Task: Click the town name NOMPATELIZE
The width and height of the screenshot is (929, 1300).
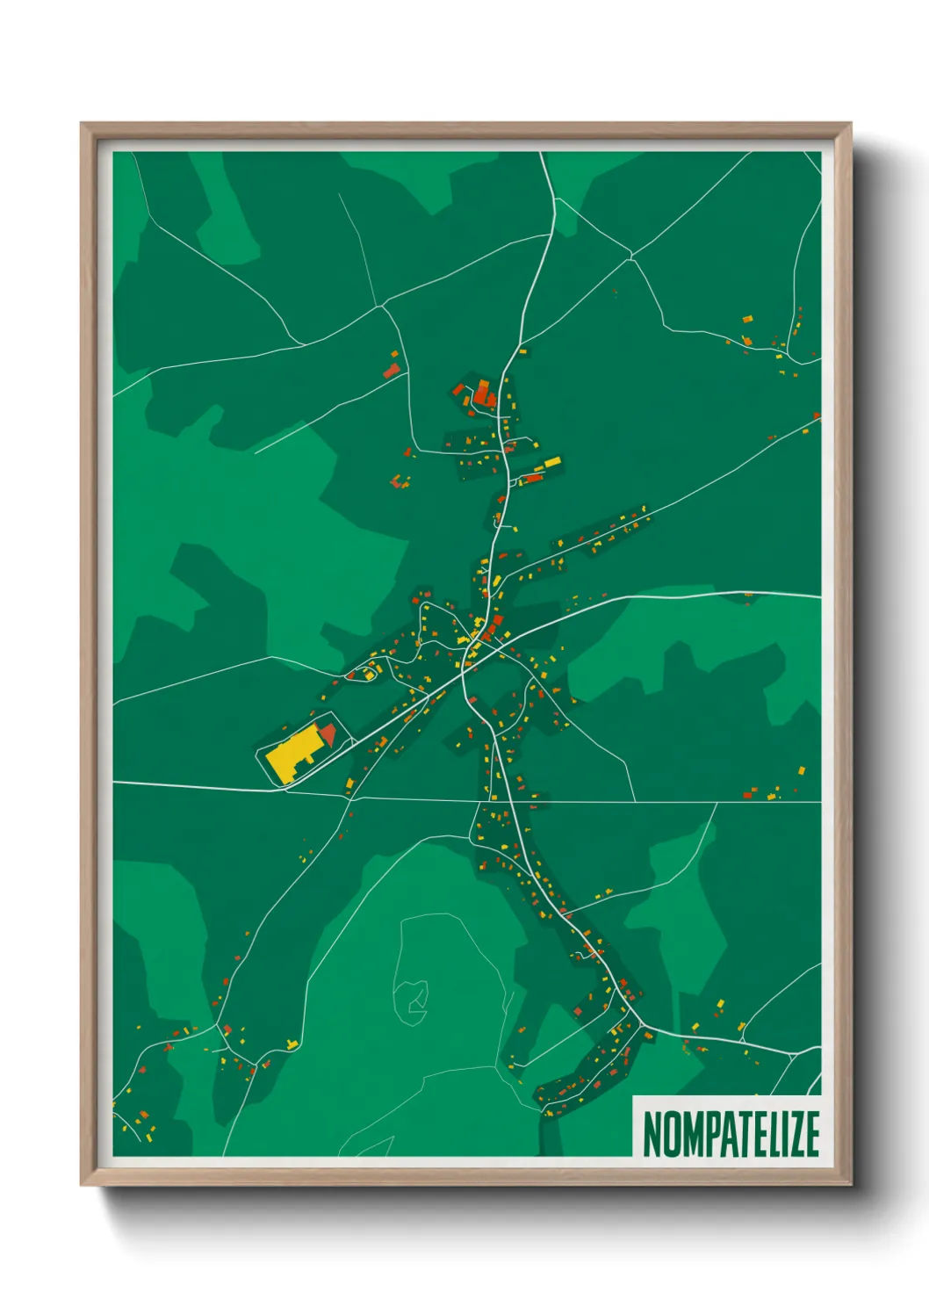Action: [731, 1133]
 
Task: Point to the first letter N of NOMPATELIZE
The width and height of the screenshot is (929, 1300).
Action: [652, 1133]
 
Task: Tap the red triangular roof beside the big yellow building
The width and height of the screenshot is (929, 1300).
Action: [328, 733]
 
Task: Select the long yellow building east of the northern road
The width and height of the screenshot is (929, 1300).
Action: [552, 461]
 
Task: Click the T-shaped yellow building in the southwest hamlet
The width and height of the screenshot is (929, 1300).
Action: [292, 1044]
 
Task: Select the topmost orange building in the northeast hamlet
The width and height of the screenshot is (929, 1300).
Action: [747, 319]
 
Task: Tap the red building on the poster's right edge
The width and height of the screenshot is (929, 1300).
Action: [816, 415]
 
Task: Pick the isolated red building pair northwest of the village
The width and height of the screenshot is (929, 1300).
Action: [392, 369]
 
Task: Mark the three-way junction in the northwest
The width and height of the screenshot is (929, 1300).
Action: [382, 306]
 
